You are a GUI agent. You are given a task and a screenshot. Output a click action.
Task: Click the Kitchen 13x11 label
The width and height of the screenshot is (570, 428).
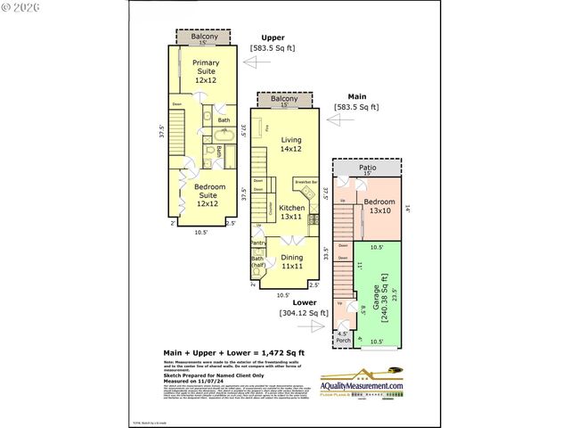coord(292,212)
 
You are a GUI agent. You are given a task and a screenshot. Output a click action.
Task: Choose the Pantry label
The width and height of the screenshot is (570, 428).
coord(258,243)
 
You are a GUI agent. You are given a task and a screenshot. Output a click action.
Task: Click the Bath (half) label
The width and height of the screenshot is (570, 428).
coord(257,262)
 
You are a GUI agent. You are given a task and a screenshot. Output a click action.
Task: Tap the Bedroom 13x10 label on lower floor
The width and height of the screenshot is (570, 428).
coord(380,206)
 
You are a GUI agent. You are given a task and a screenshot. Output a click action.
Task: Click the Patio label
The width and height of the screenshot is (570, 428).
coord(367,168)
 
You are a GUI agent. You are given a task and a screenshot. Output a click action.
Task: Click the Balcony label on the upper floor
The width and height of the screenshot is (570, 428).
coord(205,37)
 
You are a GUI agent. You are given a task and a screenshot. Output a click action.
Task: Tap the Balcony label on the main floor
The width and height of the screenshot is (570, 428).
coord(285,99)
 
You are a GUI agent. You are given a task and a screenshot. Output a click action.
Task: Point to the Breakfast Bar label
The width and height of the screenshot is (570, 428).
coord(305,181)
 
